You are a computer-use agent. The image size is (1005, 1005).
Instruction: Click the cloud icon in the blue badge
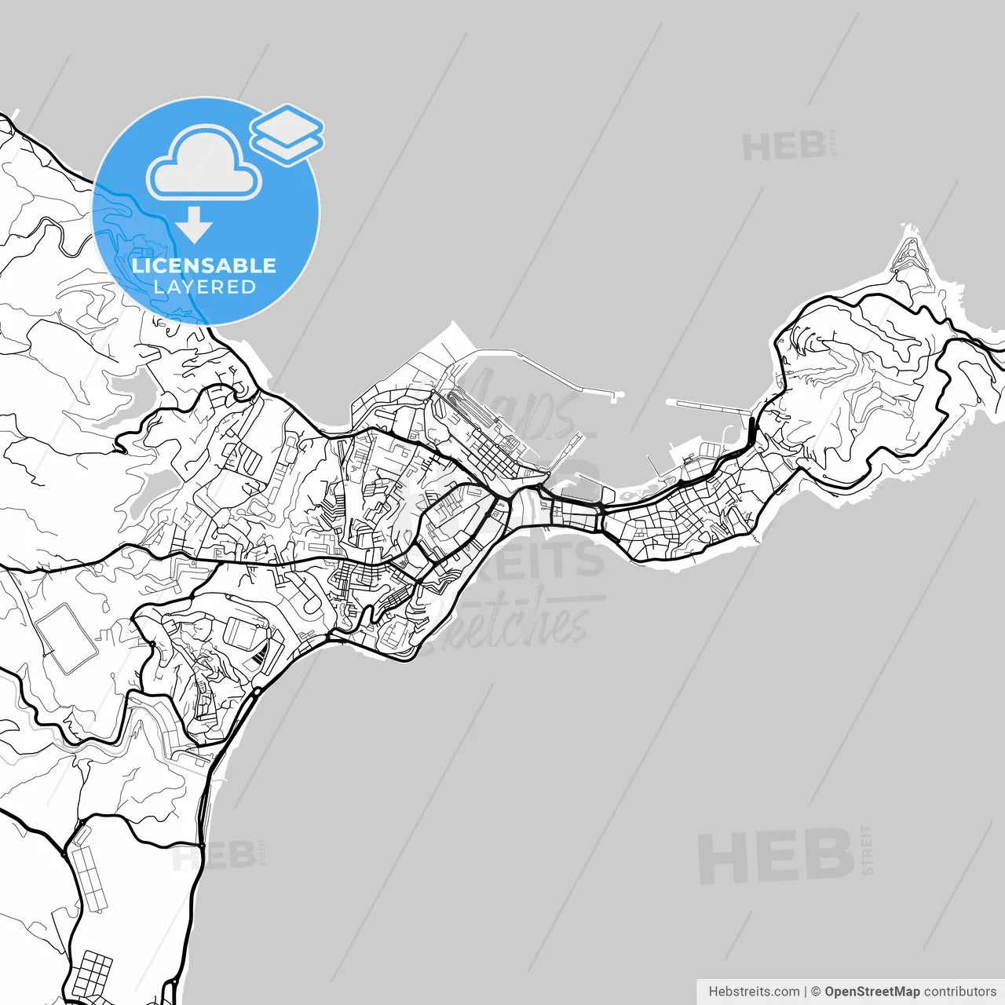[x=205, y=166]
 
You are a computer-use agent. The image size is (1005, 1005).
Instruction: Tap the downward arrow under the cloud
[x=194, y=225]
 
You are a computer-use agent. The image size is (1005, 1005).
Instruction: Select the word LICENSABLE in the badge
[x=204, y=265]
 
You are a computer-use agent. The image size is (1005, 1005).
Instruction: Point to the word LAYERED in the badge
[x=204, y=287]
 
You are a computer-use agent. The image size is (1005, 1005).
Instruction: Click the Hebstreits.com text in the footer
[x=754, y=992]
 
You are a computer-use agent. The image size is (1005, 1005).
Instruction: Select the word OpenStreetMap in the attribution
[x=872, y=992]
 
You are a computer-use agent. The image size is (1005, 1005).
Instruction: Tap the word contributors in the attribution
[x=959, y=992]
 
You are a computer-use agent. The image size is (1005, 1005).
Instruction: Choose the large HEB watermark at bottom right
[x=776, y=856]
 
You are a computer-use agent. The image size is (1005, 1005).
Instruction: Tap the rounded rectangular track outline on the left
[x=66, y=638]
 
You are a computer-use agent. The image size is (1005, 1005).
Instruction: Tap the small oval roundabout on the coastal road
[x=256, y=693]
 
